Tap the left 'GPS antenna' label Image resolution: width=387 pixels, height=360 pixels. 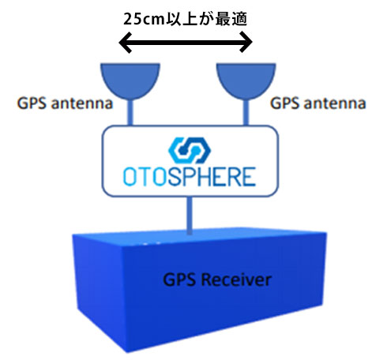pyautogui.click(x=65, y=103)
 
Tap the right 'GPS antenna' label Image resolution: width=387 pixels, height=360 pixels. pyautogui.click(x=318, y=103)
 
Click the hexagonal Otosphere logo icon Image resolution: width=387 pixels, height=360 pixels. pyautogui.click(x=190, y=150)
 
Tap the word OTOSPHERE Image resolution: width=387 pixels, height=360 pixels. pyautogui.click(x=190, y=177)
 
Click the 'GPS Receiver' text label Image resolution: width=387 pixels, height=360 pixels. pyautogui.click(x=217, y=279)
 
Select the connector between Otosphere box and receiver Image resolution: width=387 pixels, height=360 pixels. pyautogui.click(x=190, y=216)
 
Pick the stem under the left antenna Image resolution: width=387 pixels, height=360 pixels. pyautogui.click(x=130, y=112)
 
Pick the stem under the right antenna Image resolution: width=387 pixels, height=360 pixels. pyautogui.click(x=246, y=112)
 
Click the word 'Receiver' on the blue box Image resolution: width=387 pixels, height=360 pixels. pyautogui.click(x=236, y=279)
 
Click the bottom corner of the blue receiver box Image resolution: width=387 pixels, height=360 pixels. pyautogui.click(x=127, y=352)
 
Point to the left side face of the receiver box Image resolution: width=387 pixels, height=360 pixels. pyautogui.click(x=100, y=290)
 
